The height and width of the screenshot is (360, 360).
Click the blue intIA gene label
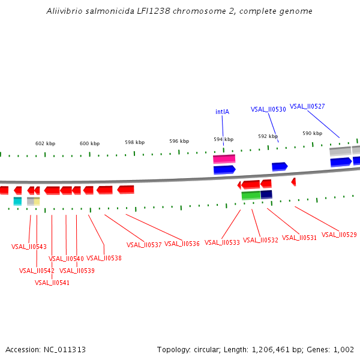point(222,112)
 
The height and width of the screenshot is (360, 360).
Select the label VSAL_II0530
point(268,109)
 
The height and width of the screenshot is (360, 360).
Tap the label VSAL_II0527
point(307,106)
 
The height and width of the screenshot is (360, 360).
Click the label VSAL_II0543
point(29,247)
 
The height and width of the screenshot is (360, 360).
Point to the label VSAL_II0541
point(52,283)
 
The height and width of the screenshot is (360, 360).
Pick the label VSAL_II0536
point(182,244)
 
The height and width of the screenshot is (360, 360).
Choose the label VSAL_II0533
point(222,242)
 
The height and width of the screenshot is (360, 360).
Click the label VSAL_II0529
point(339,235)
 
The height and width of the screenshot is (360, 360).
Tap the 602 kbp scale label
point(45,143)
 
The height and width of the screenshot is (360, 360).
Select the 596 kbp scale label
point(179,141)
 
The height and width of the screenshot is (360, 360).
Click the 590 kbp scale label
point(312,133)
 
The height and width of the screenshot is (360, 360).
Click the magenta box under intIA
point(224,159)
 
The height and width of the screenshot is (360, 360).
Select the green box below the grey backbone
point(251,195)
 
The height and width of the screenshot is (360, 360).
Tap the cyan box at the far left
point(17,201)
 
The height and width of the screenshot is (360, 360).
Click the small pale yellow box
point(37,201)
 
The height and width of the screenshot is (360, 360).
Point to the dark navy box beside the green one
point(266,194)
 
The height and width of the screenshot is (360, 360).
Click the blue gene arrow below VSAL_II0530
point(280,166)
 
